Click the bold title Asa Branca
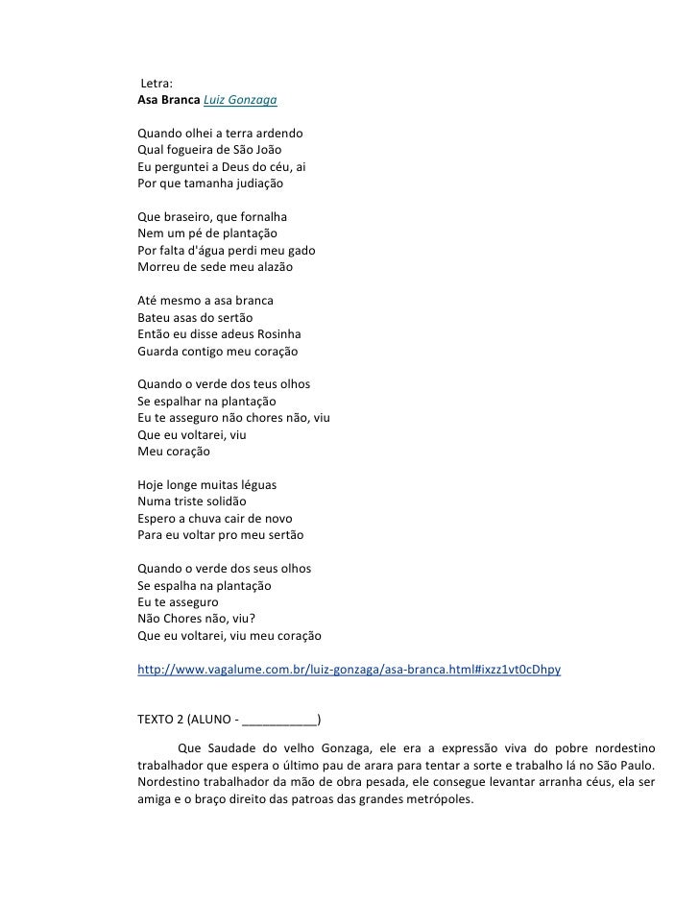(168, 100)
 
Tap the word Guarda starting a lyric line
(160, 352)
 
